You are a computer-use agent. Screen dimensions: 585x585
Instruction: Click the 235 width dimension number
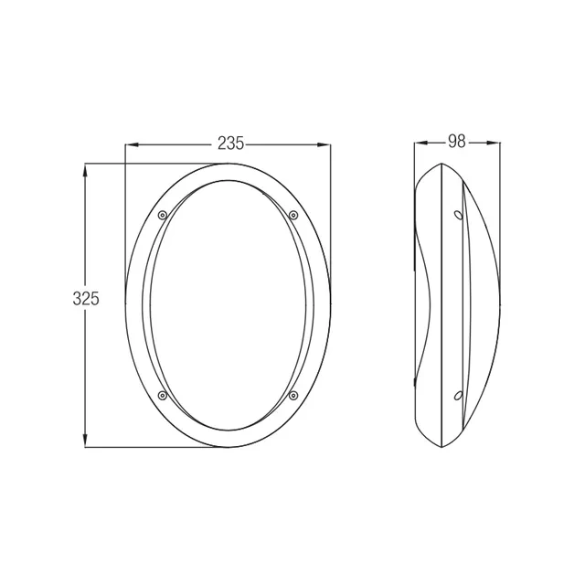click(x=231, y=144)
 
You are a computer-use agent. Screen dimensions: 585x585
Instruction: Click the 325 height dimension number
click(x=86, y=299)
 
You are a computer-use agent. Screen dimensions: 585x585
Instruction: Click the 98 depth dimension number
click(x=457, y=142)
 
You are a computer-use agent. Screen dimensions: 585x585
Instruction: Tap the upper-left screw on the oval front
click(x=163, y=215)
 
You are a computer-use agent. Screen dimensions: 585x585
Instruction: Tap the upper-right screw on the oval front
click(x=293, y=215)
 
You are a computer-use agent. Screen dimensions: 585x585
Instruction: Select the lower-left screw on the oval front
click(x=163, y=396)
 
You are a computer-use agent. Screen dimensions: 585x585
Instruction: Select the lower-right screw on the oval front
click(x=293, y=396)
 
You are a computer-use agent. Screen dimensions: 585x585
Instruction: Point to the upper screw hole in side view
click(x=458, y=215)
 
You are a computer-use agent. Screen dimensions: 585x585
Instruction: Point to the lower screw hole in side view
click(x=458, y=396)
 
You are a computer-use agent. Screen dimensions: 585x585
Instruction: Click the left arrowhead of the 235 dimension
click(x=132, y=144)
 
